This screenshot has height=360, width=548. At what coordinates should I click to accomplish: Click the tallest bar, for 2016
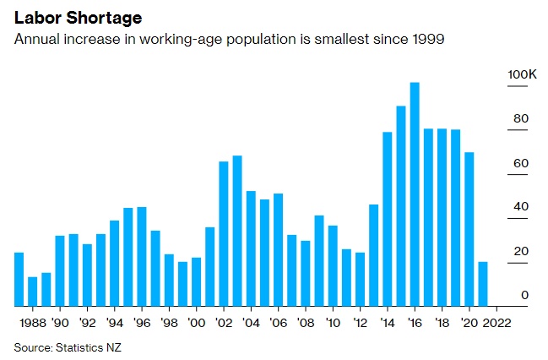click(414, 194)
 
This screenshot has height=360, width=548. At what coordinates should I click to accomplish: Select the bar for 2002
click(224, 233)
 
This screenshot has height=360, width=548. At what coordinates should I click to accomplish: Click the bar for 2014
click(387, 219)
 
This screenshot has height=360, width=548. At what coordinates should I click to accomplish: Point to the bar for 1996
click(142, 256)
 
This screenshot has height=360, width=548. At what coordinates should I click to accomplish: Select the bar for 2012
click(360, 279)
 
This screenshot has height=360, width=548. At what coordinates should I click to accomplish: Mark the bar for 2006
click(278, 249)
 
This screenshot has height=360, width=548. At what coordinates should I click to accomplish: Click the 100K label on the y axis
click(521, 75)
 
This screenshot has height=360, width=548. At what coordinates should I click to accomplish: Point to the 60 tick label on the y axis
click(521, 163)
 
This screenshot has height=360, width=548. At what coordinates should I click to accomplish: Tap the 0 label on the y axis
click(524, 295)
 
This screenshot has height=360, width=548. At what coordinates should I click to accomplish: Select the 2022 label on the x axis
click(496, 322)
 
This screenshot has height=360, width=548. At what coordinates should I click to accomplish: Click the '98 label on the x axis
click(169, 322)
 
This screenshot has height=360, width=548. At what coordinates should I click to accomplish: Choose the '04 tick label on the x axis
click(251, 322)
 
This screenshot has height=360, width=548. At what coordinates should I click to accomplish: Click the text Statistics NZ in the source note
click(95, 346)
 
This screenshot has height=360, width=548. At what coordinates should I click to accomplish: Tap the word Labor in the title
click(33, 18)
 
